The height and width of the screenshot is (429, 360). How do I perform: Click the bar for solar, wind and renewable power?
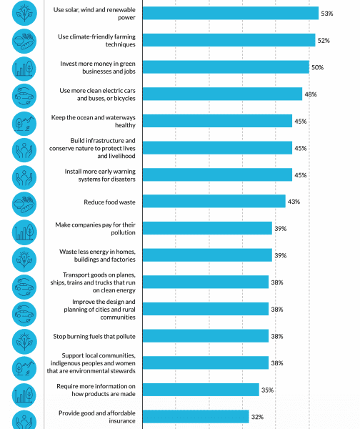pyautogui.click(x=231, y=13)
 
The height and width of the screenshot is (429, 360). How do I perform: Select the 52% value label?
pyautogui.click(x=324, y=41)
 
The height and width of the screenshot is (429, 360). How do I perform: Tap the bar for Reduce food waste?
pyautogui.click(x=214, y=201)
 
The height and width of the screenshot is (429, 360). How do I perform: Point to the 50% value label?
pyautogui.click(x=317, y=67)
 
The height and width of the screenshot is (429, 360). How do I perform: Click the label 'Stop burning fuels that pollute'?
pyautogui.click(x=94, y=336)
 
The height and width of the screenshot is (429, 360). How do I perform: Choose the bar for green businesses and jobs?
pyautogui.click(x=226, y=67)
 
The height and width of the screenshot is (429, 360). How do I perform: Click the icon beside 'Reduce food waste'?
pyautogui.click(x=24, y=204)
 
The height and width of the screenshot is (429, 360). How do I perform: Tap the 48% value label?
pyautogui.click(x=311, y=94)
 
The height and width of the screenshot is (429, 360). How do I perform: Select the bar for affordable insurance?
pyautogui.click(x=196, y=416)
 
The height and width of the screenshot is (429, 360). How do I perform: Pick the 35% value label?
pyautogui.click(x=267, y=390)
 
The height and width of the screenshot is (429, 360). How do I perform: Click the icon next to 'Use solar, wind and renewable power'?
pyautogui.click(x=24, y=13)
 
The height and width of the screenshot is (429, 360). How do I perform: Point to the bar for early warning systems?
pyautogui.click(x=217, y=174)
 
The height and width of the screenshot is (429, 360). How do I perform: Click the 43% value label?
pyautogui.click(x=294, y=202)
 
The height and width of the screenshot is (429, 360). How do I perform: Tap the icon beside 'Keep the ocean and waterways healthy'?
pyautogui.click(x=24, y=124)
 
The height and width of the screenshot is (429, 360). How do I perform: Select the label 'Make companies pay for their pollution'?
pyautogui.click(x=95, y=229)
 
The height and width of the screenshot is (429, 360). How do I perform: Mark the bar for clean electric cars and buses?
pyautogui.click(x=222, y=94)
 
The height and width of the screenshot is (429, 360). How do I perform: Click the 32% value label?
pyautogui.click(x=257, y=417)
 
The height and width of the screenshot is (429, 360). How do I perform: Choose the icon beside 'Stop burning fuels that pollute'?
pyautogui.click(x=24, y=342)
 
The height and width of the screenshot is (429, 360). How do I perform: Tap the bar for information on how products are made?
pyautogui.click(x=201, y=390)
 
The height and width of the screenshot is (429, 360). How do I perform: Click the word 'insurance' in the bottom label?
pyautogui.click(x=122, y=421)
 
